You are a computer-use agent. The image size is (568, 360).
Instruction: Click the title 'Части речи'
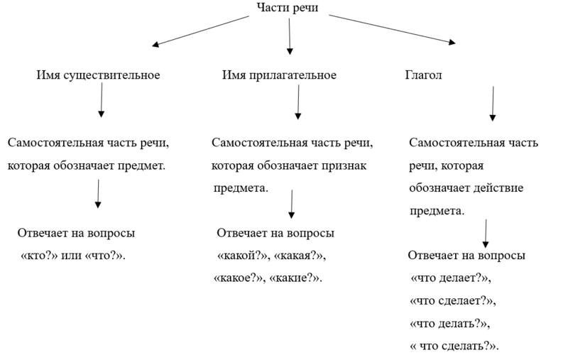pyautogui.click(x=288, y=8)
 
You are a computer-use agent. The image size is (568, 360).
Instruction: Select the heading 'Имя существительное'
pyautogui.click(x=98, y=75)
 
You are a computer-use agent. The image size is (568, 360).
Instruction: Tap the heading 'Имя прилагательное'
pyautogui.click(x=279, y=75)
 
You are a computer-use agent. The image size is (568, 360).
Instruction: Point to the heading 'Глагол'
pyautogui.click(x=423, y=75)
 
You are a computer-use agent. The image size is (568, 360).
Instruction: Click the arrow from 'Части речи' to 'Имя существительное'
pyautogui.click(x=201, y=31)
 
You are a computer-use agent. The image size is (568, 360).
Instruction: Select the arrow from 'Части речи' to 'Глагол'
pyautogui.click(x=393, y=29)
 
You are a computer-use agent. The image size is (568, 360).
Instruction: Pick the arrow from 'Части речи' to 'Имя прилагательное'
pyautogui.click(x=290, y=36)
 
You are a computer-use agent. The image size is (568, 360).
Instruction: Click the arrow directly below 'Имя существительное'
pyautogui.click(x=102, y=100)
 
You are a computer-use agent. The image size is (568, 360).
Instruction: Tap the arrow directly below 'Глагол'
pyautogui.click(x=493, y=104)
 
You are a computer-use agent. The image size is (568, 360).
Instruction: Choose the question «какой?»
pyautogui.click(x=242, y=256)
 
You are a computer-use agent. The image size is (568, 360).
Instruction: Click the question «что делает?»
pyautogui.click(x=449, y=278)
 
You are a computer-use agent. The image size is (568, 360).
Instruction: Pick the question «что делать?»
pyautogui.click(x=449, y=323)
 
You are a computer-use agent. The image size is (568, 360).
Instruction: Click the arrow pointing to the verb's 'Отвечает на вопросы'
pyautogui.click(x=486, y=234)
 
